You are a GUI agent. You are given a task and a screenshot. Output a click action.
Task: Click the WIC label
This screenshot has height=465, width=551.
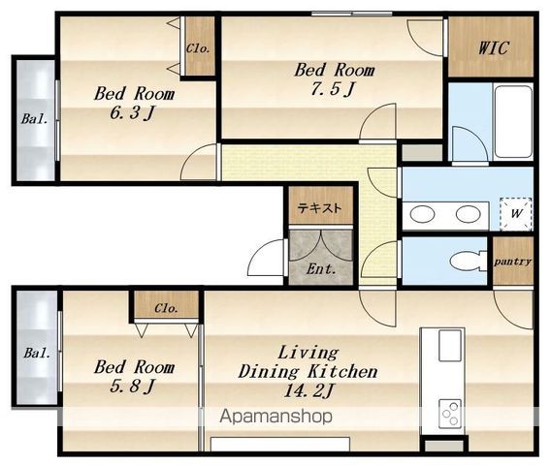[493, 47]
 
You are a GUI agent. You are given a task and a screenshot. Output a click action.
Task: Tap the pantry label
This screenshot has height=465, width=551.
[512, 262]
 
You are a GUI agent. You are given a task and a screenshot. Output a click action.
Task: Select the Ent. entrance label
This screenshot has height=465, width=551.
[320, 269]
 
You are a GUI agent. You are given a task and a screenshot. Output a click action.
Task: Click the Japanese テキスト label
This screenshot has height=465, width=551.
[319, 208]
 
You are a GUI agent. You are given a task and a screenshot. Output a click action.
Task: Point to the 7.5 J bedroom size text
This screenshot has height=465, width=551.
[332, 89]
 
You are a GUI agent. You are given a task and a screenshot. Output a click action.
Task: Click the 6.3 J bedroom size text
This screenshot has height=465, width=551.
[132, 113]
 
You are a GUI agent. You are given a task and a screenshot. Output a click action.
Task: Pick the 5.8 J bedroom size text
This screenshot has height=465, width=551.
[132, 387]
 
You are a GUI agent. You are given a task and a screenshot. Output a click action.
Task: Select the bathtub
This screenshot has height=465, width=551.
[513, 121]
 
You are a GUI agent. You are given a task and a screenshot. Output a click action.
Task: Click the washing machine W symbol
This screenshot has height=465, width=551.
[516, 214]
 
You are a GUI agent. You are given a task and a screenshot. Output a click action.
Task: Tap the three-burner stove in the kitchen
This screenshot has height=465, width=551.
[450, 414]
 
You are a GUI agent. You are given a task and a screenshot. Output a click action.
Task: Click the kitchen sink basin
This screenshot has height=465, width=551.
[450, 345]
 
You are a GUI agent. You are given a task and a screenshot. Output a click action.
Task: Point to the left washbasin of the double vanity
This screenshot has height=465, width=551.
[422, 214]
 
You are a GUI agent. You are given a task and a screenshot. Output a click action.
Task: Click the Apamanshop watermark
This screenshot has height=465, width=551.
[275, 417]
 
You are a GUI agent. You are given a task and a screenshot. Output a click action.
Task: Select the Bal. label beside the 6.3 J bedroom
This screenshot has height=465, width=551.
[35, 119]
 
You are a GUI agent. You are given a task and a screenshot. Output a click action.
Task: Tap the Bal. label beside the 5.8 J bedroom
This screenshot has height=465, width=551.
[37, 353]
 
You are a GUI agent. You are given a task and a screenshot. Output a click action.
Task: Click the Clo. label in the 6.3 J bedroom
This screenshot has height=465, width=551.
[198, 48]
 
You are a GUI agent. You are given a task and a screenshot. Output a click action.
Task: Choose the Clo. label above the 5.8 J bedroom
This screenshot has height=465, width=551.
[166, 308]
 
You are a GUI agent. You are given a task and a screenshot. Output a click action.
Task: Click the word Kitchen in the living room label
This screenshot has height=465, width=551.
[342, 371]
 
